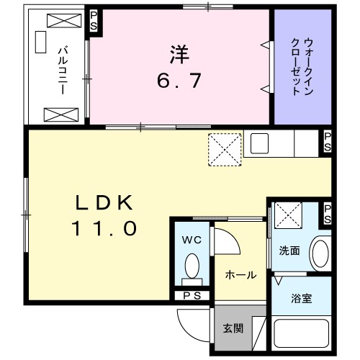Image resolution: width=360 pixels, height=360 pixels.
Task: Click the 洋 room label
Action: (179, 53)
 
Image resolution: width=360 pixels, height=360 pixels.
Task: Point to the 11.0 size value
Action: (103, 229)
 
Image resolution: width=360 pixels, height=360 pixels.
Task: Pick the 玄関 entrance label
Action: (232, 328)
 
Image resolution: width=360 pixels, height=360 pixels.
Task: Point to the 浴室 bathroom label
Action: (301, 297)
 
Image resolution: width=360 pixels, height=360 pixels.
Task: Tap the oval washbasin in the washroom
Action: (319, 253)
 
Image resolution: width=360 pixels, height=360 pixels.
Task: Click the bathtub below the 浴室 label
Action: (301, 335)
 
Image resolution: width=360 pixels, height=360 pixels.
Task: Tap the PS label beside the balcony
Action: (94, 21)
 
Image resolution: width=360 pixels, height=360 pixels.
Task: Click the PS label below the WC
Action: (192, 295)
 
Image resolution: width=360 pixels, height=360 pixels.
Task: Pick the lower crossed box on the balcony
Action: (57, 114)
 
